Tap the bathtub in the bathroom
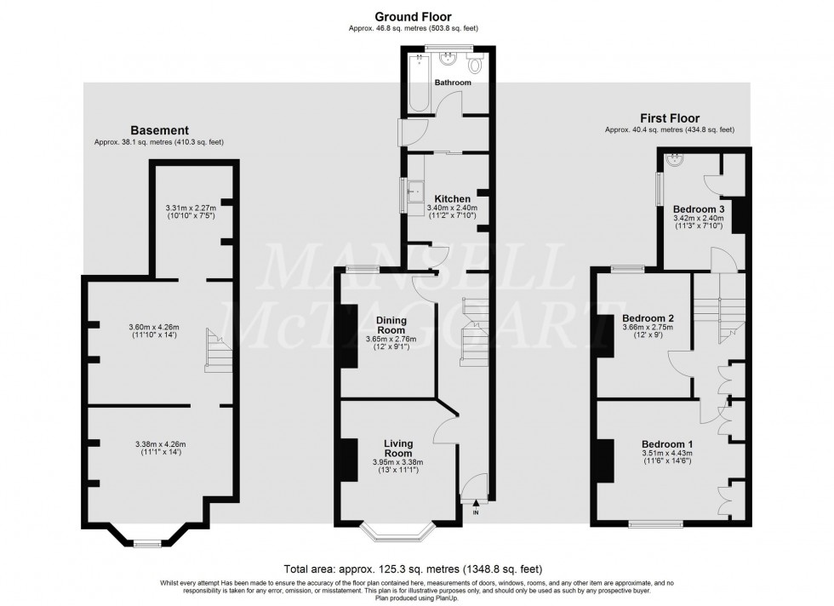(x=418, y=85)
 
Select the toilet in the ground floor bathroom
(x=476, y=65)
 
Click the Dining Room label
(x=391, y=324)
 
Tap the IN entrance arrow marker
(x=476, y=503)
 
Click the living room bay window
(x=397, y=532)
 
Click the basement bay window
(x=148, y=541)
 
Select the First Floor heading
(x=669, y=118)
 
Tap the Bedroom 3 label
(x=698, y=209)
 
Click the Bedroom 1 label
(x=666, y=444)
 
